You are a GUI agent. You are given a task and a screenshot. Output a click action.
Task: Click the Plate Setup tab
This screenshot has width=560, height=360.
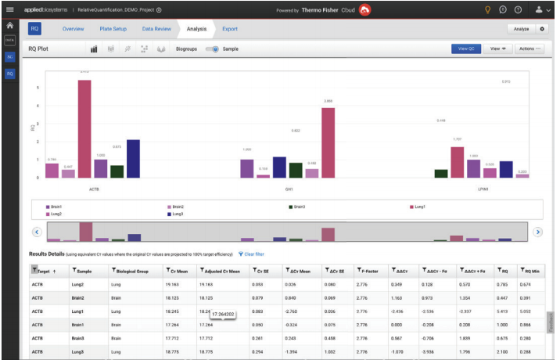113,29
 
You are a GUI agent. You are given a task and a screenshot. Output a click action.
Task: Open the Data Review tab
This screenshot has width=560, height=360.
156,29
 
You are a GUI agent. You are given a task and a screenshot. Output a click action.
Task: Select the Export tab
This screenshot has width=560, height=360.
230,29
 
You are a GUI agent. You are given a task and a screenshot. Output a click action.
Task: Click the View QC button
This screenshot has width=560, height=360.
466,49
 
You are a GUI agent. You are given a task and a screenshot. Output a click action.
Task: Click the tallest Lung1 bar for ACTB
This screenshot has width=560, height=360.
84,129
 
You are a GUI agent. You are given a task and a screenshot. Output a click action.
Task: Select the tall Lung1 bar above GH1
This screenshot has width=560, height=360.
328,142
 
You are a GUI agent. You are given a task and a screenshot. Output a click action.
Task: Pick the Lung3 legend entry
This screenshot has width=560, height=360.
177,214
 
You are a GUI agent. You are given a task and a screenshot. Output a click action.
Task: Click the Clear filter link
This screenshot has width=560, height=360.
252,254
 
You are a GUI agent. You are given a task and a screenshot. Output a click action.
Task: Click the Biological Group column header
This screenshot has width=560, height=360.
131,271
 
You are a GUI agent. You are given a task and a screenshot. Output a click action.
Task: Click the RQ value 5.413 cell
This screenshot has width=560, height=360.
504,311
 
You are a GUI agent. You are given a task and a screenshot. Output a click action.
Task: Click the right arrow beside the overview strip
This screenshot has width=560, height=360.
537,232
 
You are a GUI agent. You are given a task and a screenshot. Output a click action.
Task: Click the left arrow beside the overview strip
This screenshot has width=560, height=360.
37,232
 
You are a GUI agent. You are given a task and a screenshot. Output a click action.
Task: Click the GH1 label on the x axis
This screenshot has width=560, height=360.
289,189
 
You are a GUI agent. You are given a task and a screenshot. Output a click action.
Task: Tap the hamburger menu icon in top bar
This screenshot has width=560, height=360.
10,9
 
